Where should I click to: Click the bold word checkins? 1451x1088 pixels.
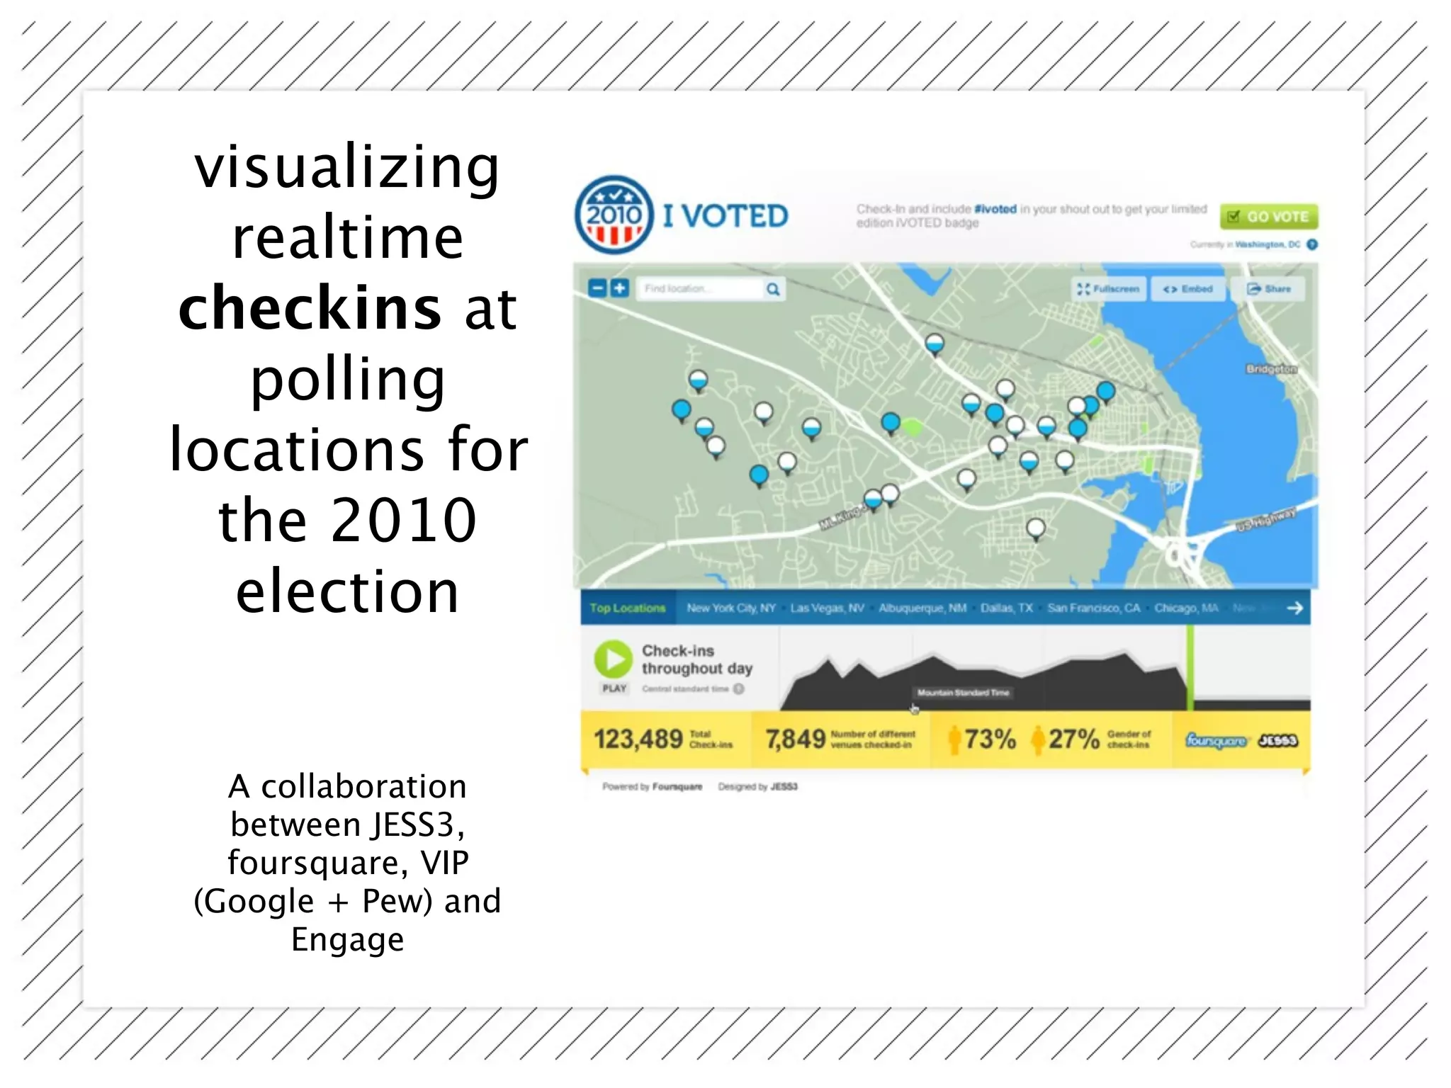(x=310, y=308)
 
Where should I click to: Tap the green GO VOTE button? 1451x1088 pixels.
(x=1268, y=216)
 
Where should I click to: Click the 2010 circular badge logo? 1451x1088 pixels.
(x=614, y=215)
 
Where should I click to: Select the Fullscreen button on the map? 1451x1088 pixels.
(x=1109, y=289)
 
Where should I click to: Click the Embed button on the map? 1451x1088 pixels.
(x=1188, y=289)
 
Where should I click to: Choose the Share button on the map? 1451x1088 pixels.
(x=1269, y=289)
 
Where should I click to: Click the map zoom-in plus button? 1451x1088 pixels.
(x=620, y=288)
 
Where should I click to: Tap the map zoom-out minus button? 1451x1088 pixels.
(x=598, y=288)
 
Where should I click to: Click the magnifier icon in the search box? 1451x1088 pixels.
(x=773, y=289)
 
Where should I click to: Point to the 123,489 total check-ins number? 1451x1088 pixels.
(x=638, y=739)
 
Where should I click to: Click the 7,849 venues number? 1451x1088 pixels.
(x=795, y=739)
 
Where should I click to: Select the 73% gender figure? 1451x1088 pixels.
(x=990, y=739)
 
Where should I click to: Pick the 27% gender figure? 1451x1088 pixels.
(x=1073, y=739)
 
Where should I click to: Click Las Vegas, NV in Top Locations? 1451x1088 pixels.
(x=827, y=608)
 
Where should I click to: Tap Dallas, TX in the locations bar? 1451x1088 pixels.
(x=1006, y=608)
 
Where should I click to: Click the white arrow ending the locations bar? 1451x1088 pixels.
(x=1294, y=608)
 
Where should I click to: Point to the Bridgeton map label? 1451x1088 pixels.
(x=1271, y=369)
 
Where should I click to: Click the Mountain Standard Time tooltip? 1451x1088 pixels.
(x=962, y=693)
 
